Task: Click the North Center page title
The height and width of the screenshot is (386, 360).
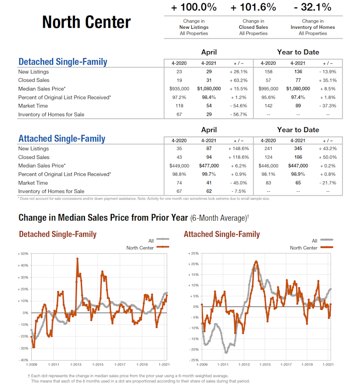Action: tap(86, 22)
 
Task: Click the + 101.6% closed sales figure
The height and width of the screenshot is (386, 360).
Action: tap(253, 8)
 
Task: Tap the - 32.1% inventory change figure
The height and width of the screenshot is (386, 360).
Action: tap(312, 8)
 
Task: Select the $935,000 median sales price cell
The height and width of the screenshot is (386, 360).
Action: tap(179, 88)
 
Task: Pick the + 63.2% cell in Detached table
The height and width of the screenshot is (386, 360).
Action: tap(239, 80)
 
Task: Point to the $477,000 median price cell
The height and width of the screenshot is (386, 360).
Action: tap(209, 165)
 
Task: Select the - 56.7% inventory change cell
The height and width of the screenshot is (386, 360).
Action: tap(239, 114)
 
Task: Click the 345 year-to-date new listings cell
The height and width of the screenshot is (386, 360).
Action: tap(298, 149)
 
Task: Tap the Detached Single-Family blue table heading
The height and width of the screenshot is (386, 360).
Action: tap(63, 62)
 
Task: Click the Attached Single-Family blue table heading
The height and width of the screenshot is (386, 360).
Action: tap(62, 139)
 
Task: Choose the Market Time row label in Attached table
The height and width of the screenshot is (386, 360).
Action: tap(33, 183)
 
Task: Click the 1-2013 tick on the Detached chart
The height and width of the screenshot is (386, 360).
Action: tap(75, 364)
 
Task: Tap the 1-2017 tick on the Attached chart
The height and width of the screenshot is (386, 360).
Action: tap(286, 364)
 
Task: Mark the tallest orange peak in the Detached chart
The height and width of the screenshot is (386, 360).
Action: tap(77, 259)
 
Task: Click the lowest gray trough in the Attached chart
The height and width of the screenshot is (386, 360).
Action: tap(226, 352)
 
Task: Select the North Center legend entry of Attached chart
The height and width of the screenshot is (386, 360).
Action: tap(303, 247)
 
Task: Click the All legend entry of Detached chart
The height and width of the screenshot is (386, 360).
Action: tap(150, 241)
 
